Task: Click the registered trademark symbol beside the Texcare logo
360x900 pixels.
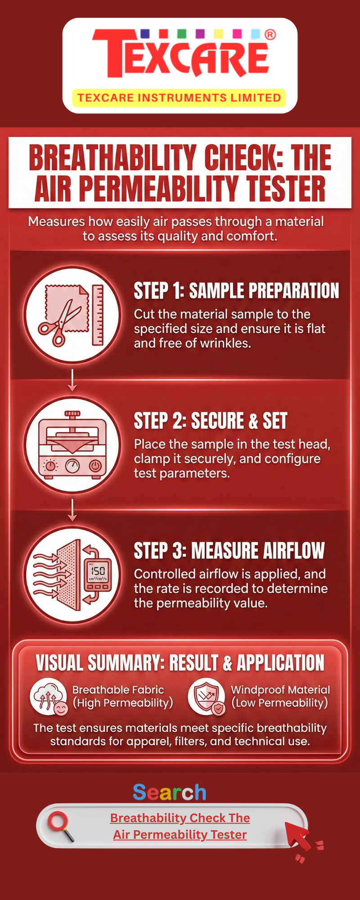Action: tap(270, 35)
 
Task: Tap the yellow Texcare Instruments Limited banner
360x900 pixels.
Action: tap(179, 98)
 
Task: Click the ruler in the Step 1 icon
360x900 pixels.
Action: tap(98, 315)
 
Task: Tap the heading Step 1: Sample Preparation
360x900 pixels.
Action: tap(236, 291)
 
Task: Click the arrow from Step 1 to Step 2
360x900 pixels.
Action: tap(72, 380)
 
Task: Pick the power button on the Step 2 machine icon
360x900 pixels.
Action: tap(95, 465)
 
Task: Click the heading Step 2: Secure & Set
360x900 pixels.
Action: tap(211, 421)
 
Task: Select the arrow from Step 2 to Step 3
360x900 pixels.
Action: tap(72, 510)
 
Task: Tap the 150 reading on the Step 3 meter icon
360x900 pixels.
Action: tap(98, 571)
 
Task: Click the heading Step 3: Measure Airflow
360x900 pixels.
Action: tap(229, 551)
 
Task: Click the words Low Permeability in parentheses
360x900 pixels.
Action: tap(279, 703)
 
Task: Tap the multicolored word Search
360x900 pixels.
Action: tap(170, 792)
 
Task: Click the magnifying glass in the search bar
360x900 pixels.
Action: tap(61, 826)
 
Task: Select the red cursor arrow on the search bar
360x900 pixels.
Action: tap(297, 836)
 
